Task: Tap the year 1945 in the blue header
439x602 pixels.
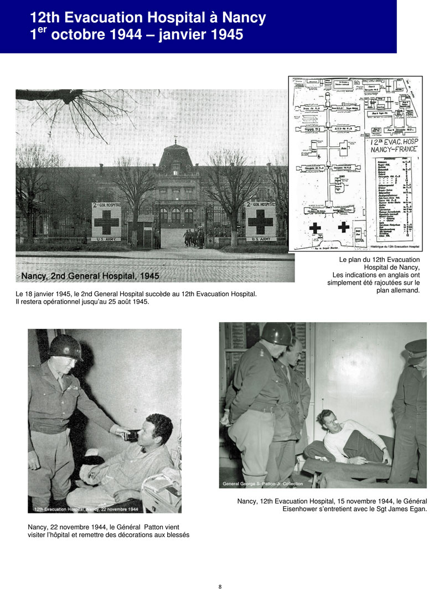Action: (x=222, y=35)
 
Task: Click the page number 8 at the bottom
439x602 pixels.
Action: (x=220, y=587)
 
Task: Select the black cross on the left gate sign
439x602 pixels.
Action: (x=106, y=223)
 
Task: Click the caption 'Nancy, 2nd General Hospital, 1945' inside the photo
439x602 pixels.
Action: (x=90, y=275)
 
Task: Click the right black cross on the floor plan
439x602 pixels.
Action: (x=343, y=226)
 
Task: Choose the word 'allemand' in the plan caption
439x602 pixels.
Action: (x=405, y=290)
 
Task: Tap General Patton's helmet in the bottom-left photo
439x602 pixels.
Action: (x=65, y=347)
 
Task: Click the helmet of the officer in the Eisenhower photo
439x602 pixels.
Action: (x=276, y=334)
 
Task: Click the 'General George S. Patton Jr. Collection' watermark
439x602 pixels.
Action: (x=262, y=484)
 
